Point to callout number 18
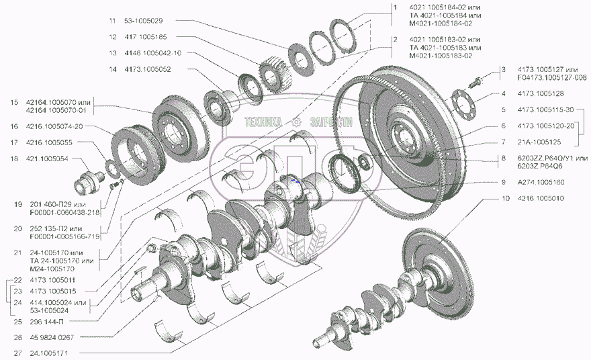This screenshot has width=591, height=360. [x=13, y=158]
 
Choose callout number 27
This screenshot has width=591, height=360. [x=13, y=352]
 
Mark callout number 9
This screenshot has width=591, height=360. [x=502, y=182]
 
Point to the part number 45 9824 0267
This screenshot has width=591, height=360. [x=52, y=337]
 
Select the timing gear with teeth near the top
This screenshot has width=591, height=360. [x=273, y=71]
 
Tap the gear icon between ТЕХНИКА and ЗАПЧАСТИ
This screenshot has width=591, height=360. [x=297, y=122]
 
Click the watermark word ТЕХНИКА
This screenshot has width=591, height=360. [x=265, y=122]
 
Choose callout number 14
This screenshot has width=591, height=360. [x=112, y=69]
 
